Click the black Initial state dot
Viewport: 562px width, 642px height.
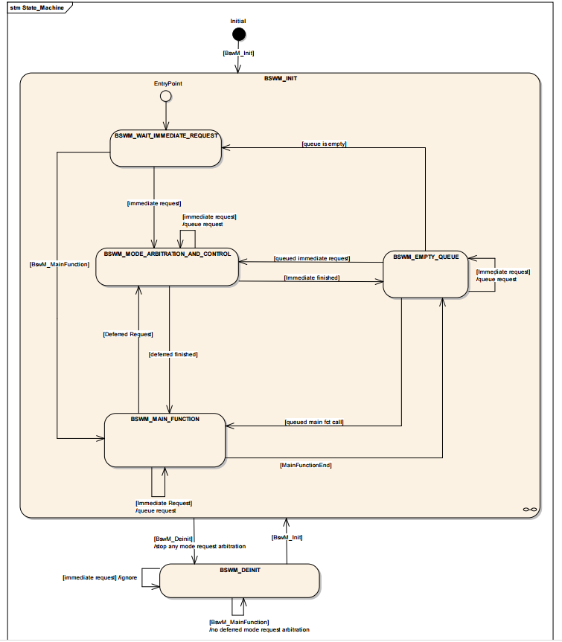click(239, 34)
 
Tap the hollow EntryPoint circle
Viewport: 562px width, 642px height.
click(165, 96)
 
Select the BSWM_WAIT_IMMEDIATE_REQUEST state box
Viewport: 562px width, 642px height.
click(165, 149)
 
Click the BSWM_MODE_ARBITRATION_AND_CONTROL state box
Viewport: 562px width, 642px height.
click(167, 266)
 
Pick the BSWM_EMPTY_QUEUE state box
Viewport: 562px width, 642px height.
click(425, 275)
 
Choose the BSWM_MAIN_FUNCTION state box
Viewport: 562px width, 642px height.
click(165, 440)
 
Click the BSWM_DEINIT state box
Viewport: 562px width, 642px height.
click(239, 580)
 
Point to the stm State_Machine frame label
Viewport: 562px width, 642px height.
click(37, 7)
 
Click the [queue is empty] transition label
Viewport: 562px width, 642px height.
click(324, 144)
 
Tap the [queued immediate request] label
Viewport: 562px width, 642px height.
click(312, 258)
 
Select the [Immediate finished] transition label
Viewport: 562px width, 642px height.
click(312, 277)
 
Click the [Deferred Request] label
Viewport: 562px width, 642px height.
click(128, 334)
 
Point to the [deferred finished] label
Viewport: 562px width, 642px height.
click(173, 354)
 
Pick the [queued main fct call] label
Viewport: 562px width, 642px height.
click(314, 422)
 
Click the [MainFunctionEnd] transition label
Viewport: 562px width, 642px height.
click(306, 465)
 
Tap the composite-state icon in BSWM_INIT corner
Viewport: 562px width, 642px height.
click(530, 510)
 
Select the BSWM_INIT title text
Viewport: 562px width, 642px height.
click(281, 78)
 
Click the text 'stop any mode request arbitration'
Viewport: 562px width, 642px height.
click(201, 546)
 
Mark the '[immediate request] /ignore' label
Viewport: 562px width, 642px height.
click(100, 577)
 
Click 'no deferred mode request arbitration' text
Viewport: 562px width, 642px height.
click(260, 629)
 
